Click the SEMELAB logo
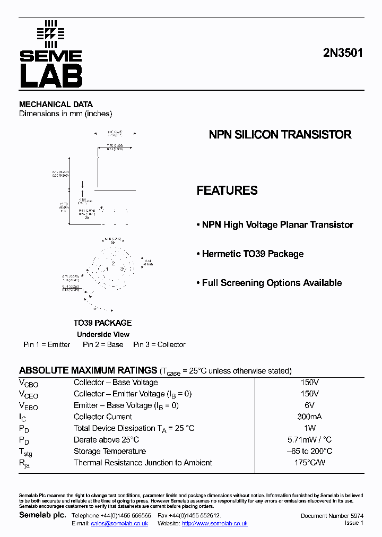coord(51,55)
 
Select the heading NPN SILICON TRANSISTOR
coord(280,135)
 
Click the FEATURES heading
coord(227,190)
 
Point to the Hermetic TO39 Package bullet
coord(250,254)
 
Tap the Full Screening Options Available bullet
coord(269,283)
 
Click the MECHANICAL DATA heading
coord(56,105)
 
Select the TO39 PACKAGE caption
coord(102,323)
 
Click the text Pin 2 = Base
coord(103,344)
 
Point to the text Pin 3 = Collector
coord(159,344)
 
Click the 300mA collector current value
coord(310,417)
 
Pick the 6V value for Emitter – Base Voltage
coord(310,405)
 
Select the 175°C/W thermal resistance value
coord(310,463)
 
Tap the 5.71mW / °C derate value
coord(310,439)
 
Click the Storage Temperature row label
coord(110,451)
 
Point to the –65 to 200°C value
coord(310,451)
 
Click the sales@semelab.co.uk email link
coord(119,523)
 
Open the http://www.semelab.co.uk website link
coord(214,523)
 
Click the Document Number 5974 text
coord(332,516)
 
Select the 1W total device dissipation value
coord(310,428)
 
